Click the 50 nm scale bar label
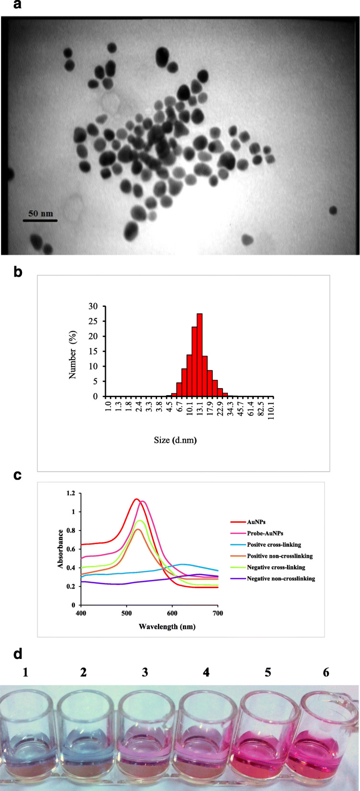40,213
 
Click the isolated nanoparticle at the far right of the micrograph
333,210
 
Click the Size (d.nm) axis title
175,440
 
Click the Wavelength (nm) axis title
167,626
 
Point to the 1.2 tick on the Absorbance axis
70,493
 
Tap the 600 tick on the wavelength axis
172,613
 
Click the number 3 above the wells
145,672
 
